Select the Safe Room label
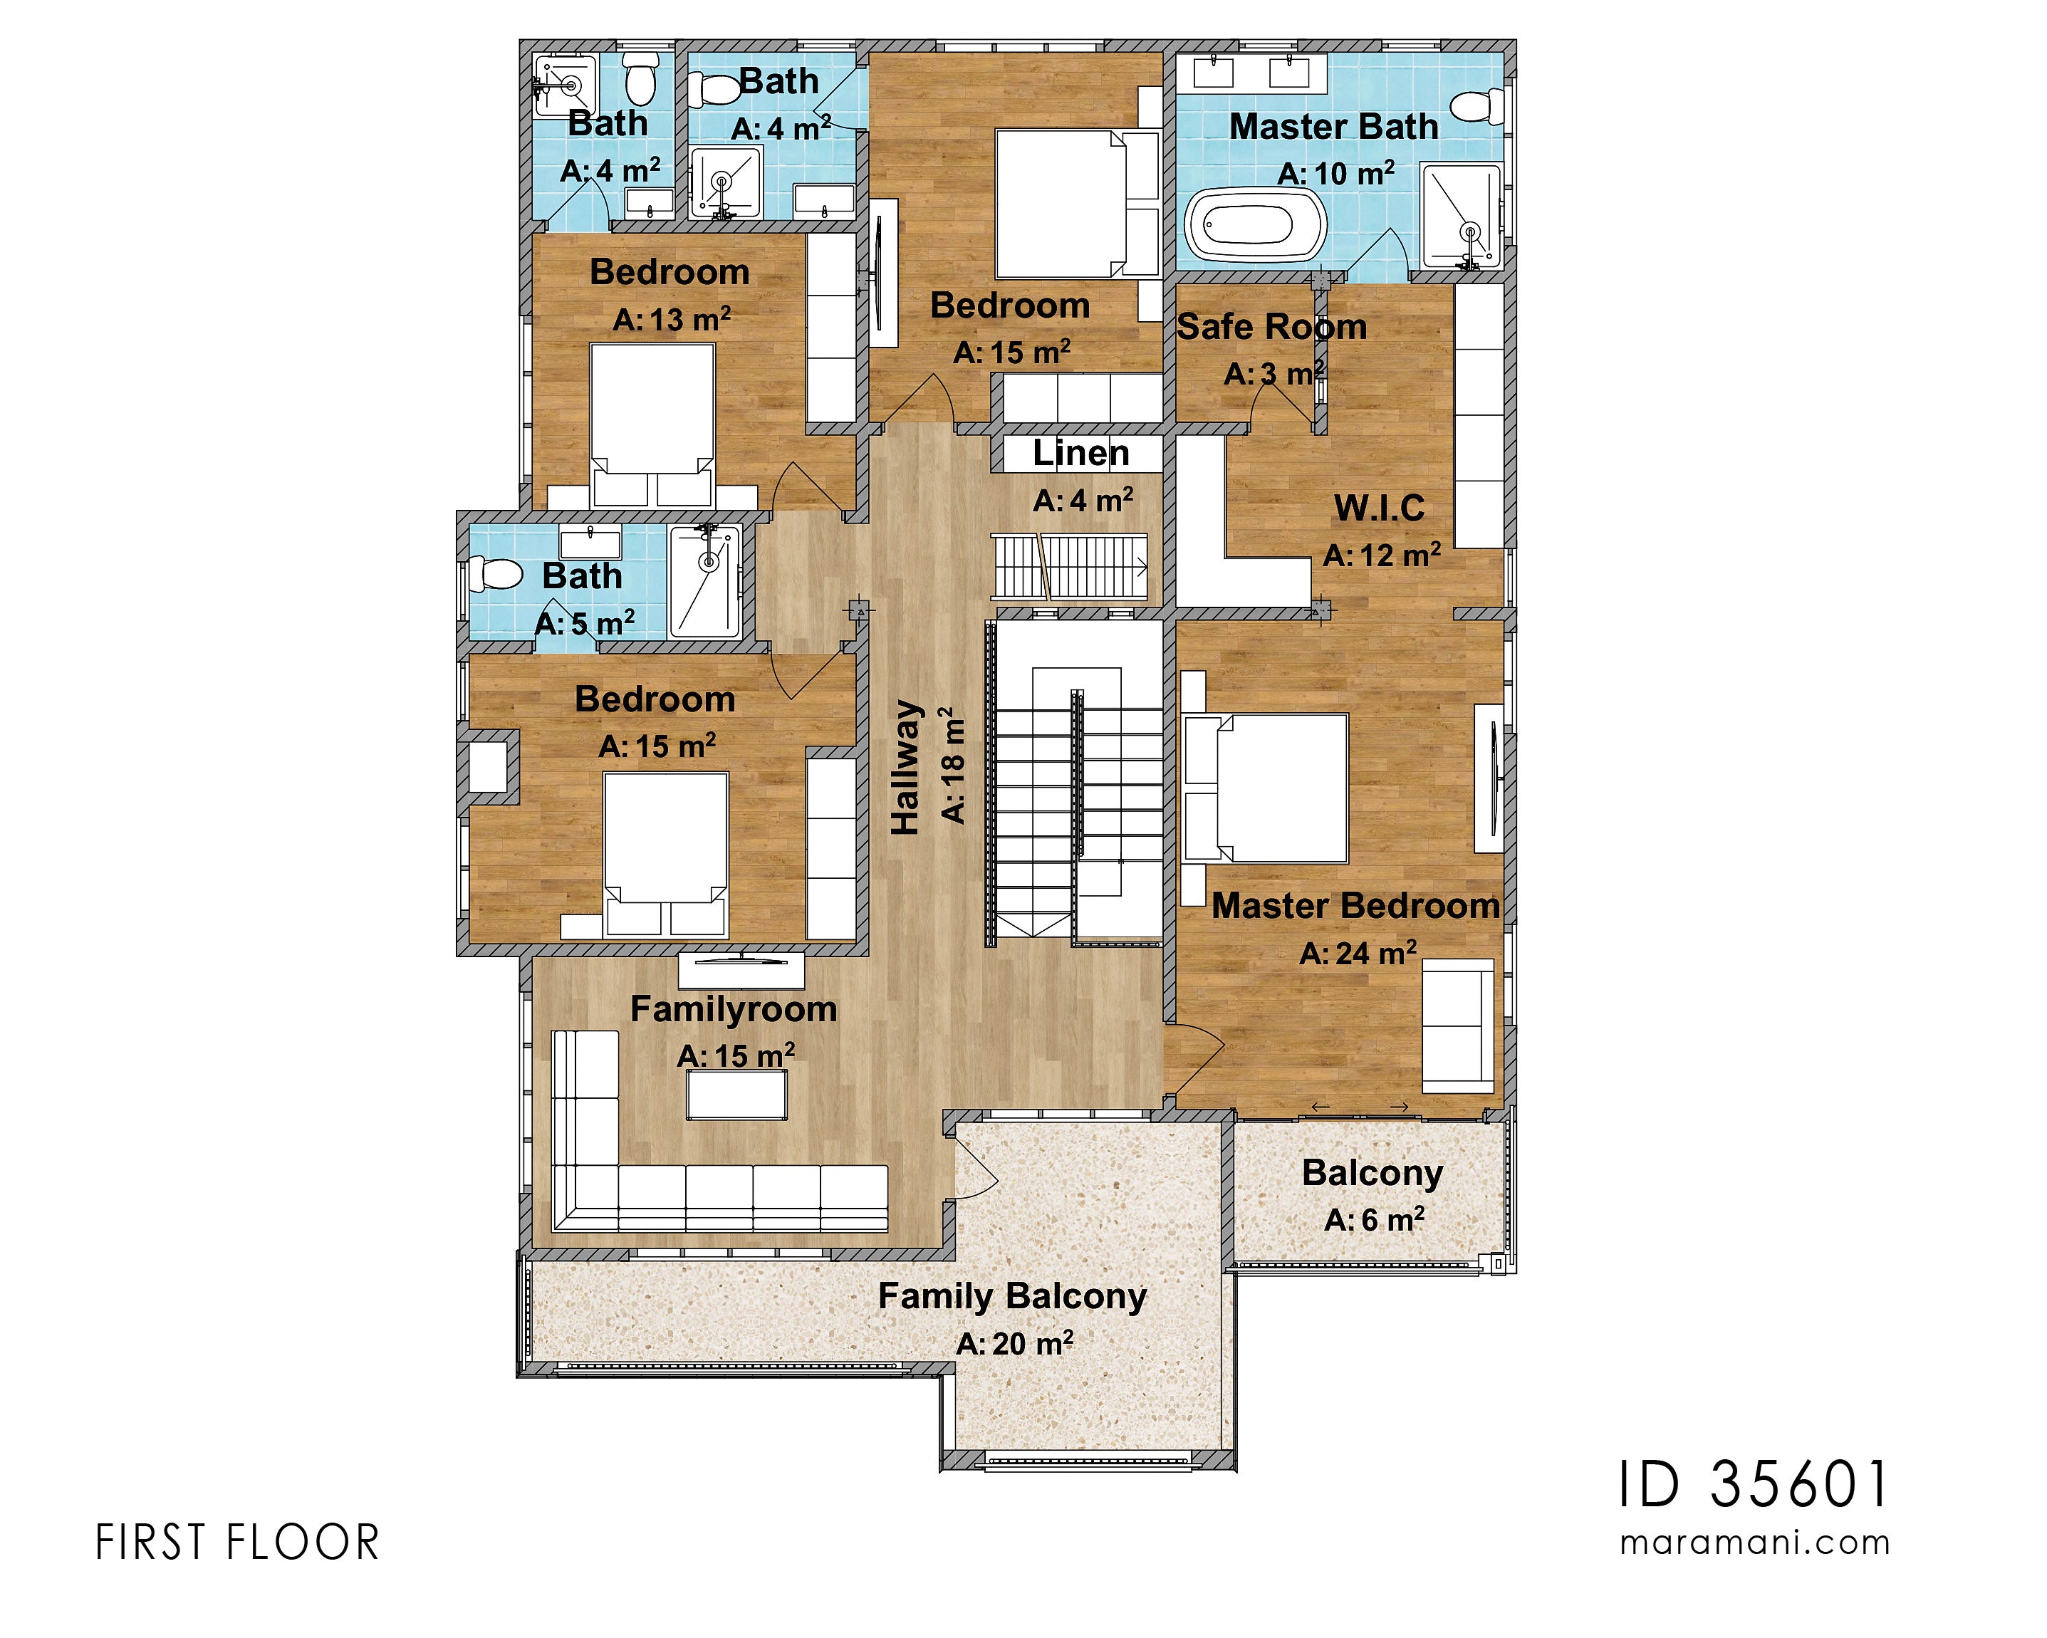(1271, 327)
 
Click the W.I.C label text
(1379, 508)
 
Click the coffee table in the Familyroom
(736, 1095)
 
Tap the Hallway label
(907, 767)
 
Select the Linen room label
(1080, 453)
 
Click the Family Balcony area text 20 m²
(1014, 1344)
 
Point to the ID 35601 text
(1753, 1484)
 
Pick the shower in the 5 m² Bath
(704, 581)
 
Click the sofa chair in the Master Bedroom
(1457, 1026)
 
